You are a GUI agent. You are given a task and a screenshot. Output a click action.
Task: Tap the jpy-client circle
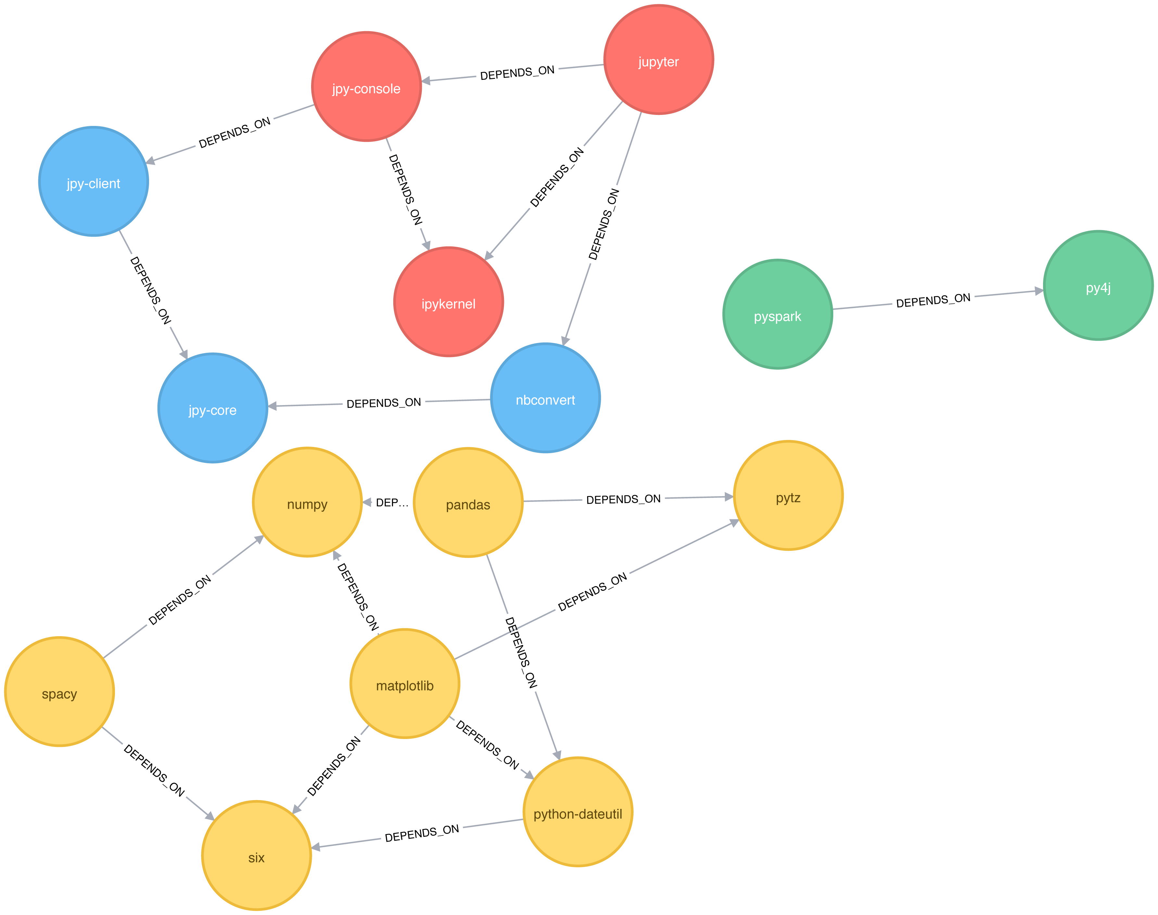pyautogui.click(x=93, y=181)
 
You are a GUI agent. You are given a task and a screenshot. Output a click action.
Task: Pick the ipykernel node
pyautogui.click(x=448, y=302)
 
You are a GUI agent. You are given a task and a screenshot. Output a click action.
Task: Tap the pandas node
pyautogui.click(x=468, y=502)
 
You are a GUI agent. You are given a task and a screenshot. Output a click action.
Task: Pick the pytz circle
pyautogui.click(x=788, y=496)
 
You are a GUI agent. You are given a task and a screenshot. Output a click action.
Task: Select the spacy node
pyautogui.click(x=59, y=692)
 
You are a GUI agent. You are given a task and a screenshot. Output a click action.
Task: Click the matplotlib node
pyautogui.click(x=405, y=684)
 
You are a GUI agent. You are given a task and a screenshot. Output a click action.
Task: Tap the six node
pyautogui.click(x=256, y=856)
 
